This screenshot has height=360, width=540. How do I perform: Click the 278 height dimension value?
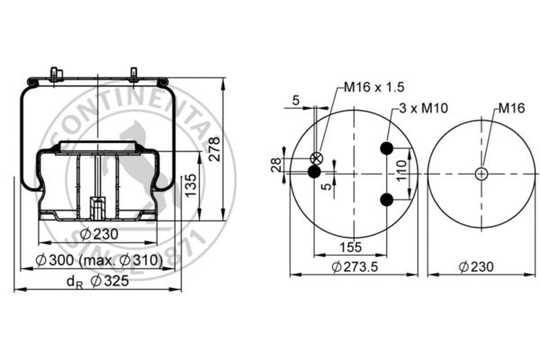[x=214, y=148]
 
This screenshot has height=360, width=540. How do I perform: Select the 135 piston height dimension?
[x=191, y=185]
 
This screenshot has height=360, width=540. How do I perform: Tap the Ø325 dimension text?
[x=110, y=281]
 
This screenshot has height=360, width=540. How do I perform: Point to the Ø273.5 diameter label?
[x=355, y=266]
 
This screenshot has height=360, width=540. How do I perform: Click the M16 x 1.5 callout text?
[x=374, y=87]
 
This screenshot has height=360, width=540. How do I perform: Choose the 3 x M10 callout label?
[x=424, y=108]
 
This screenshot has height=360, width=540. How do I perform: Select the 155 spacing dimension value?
[x=351, y=247]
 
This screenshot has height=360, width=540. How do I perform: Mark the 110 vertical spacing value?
[x=401, y=170]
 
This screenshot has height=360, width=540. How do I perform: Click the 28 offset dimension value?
[x=276, y=165]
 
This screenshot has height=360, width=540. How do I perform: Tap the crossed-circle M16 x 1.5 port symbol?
[x=317, y=158]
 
